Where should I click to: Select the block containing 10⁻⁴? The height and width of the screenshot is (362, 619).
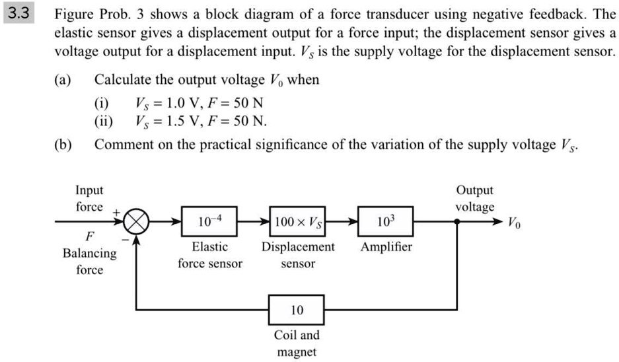point(209,223)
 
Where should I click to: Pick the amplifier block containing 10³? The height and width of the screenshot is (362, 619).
point(386,223)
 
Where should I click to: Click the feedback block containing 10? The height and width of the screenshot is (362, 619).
point(297,310)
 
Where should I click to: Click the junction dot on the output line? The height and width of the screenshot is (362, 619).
point(457,223)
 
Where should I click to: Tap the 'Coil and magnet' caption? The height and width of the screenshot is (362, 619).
point(297,344)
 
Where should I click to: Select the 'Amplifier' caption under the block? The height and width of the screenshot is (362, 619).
point(386,247)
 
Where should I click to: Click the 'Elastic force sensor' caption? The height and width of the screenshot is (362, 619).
point(209,255)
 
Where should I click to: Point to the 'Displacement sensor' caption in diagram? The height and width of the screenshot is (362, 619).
point(298,255)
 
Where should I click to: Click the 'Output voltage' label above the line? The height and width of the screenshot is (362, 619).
point(474,198)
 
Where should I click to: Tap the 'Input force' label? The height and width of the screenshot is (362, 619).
point(89,198)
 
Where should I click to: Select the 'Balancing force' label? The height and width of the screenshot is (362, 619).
point(89,262)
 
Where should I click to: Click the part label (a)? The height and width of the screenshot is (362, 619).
point(63,81)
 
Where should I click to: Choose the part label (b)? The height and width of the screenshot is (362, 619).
point(63,145)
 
